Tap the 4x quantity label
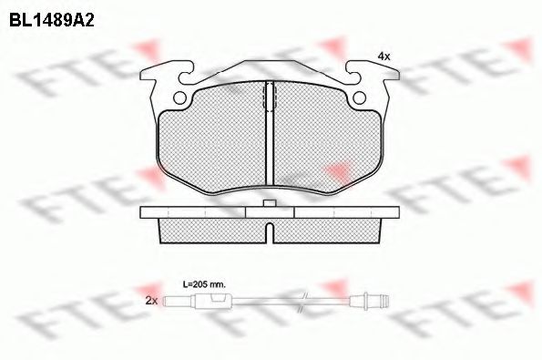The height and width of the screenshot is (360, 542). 383,57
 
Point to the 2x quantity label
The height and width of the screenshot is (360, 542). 151,300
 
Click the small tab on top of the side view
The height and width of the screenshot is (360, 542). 269,203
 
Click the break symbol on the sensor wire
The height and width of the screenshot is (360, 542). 306,298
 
